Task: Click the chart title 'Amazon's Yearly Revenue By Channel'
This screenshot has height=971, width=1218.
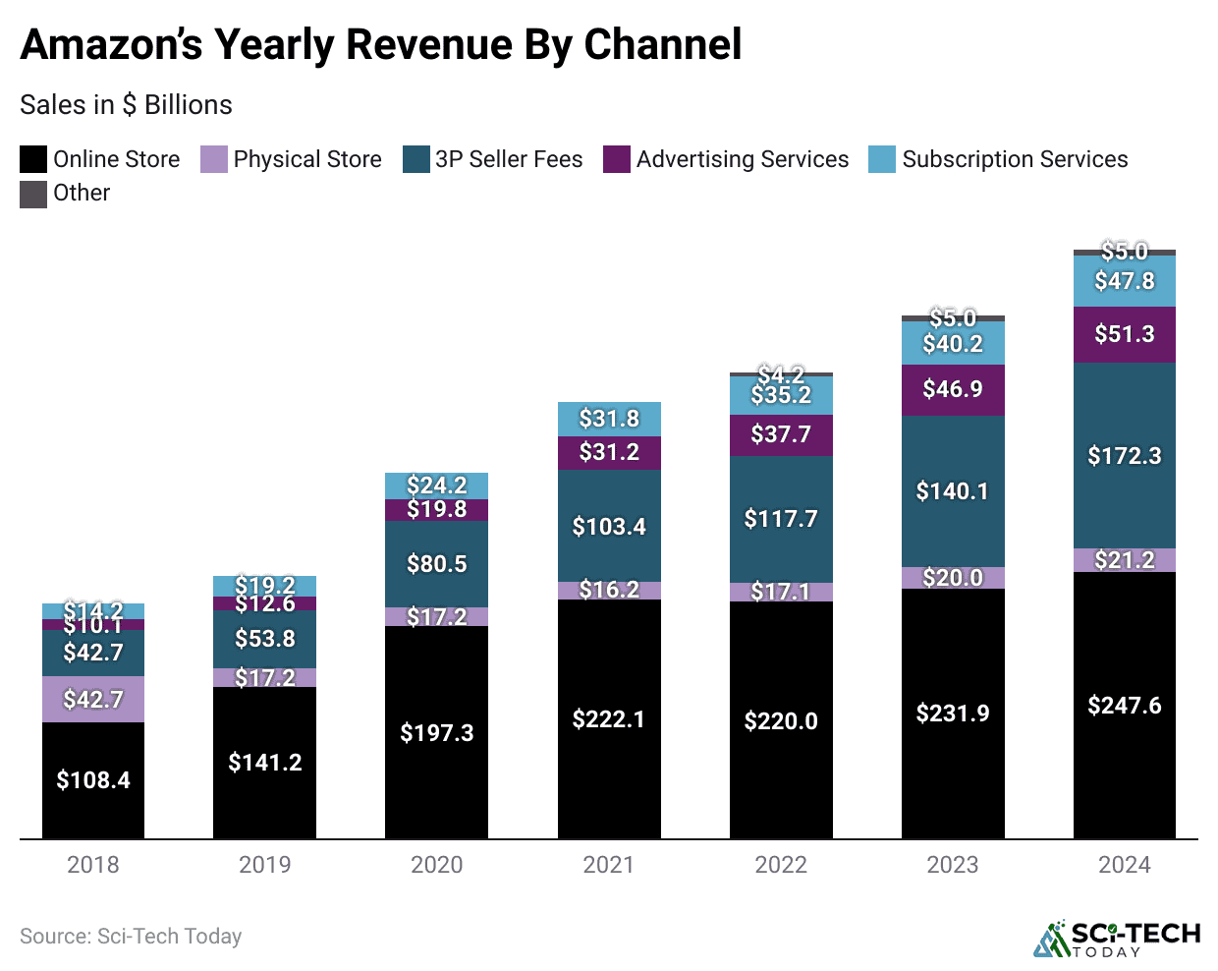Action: point(381,45)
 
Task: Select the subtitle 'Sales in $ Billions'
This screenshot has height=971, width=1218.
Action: point(126,105)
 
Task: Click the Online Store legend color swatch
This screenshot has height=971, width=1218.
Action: point(33,159)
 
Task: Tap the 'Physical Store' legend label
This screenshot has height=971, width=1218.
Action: point(306,159)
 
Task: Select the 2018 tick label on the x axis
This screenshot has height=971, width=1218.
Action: point(93,865)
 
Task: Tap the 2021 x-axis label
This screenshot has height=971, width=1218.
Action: point(609,865)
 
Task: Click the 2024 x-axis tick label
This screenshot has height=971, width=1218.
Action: point(1125,865)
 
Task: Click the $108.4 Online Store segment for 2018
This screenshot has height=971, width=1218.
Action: point(93,780)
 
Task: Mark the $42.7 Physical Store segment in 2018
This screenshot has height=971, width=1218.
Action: point(93,699)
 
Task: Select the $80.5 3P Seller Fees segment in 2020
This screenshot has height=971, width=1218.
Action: point(437,564)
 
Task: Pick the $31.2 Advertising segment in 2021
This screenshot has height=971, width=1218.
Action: point(609,452)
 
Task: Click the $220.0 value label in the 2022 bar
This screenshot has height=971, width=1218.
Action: point(781,721)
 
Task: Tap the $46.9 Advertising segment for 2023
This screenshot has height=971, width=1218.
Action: point(953,389)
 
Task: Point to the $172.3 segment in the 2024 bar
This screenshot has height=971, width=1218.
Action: point(1125,456)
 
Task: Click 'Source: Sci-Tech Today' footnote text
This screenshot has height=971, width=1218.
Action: point(131,937)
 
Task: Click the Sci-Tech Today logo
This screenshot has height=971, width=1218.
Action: point(1117,938)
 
